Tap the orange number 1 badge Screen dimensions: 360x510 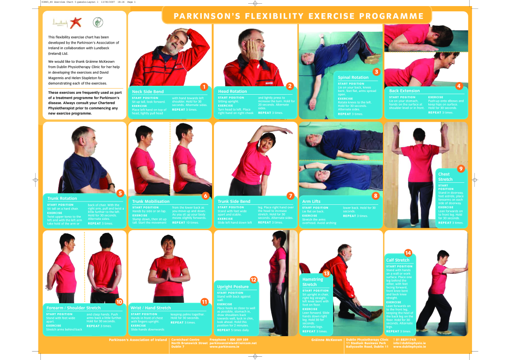point(204,86)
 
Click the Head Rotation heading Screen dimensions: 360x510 point(232,91)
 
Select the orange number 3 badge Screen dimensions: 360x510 point(376,72)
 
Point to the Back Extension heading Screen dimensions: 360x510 point(404,91)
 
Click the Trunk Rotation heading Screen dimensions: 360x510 point(62,198)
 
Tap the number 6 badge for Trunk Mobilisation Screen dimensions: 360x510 point(205,195)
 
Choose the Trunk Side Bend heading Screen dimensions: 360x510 point(234,201)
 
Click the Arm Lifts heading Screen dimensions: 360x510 point(312,201)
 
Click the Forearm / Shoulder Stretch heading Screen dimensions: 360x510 point(73,308)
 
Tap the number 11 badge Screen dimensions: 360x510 point(204,301)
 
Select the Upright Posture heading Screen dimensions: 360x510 point(233,286)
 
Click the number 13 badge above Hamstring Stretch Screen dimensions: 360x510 point(326,273)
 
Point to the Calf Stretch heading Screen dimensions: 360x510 point(397,260)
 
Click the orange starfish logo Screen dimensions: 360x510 point(77,22)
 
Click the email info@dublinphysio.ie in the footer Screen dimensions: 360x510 point(409,343)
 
